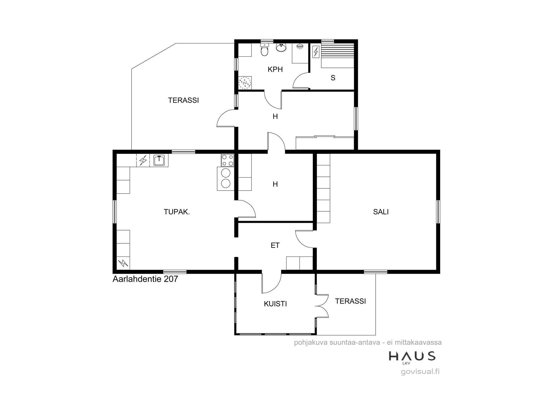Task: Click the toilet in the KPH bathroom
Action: click(265, 50)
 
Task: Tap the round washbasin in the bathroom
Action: click(281, 48)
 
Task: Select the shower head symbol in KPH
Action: click(300, 46)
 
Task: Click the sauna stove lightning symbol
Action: click(316, 52)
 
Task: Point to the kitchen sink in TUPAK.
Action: click(159, 160)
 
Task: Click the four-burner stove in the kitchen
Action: click(227, 160)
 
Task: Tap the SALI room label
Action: click(381, 212)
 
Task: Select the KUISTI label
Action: click(275, 304)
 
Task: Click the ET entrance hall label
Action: click(275, 245)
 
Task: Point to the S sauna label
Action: click(333, 78)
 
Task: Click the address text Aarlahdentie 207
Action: click(145, 279)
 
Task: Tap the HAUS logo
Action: click(412, 357)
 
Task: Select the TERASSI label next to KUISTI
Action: click(350, 301)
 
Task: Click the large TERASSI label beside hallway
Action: click(183, 100)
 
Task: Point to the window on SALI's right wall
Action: click(438, 212)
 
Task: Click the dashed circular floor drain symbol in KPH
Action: click(245, 82)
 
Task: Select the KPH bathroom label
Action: click(275, 69)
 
